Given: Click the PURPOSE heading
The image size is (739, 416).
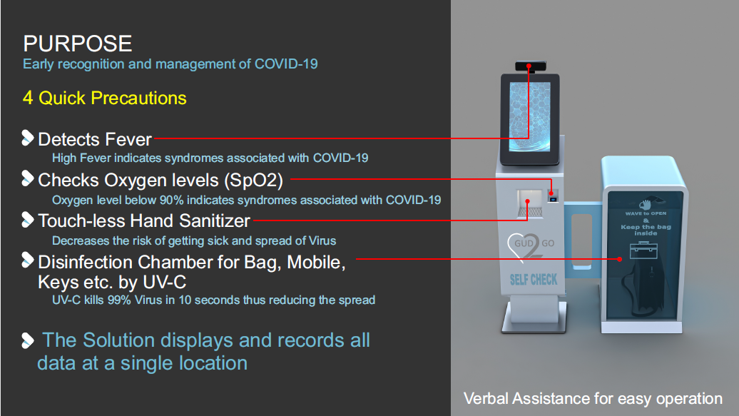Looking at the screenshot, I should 77,44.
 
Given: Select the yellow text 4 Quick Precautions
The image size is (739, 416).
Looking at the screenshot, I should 104,98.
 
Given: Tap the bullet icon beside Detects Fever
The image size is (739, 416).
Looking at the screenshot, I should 28,138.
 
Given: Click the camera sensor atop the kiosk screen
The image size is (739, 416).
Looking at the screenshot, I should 530,66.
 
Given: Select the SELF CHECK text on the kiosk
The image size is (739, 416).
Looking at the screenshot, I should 533,278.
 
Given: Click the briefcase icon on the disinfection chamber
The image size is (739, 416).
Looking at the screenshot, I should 644,249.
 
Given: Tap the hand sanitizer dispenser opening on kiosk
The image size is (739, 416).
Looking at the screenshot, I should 528,202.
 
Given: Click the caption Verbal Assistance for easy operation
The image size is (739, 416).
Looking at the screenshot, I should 593,398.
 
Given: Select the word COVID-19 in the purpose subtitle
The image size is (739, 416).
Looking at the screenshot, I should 286,64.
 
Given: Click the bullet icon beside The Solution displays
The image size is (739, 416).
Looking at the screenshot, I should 28,340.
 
